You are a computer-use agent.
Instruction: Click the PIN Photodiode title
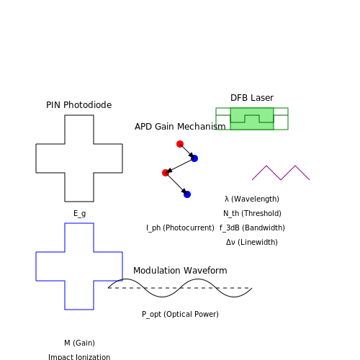coord(78,105)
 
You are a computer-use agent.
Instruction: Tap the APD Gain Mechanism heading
coord(180,127)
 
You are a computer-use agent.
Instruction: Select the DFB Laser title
coord(252,98)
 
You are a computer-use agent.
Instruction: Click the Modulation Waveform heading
coord(180,271)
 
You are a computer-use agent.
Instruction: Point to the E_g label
coord(79,213)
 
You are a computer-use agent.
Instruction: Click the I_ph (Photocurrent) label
coord(180,228)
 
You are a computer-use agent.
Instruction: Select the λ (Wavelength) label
coord(252,199)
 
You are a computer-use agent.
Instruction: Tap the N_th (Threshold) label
coord(252,213)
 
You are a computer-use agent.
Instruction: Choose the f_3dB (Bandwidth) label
coord(252,228)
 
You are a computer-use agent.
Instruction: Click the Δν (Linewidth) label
coord(252,242)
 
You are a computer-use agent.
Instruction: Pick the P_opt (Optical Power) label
coord(180,314)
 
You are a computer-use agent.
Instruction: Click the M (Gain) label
coord(79,343)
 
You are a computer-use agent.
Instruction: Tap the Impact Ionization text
coord(79,357)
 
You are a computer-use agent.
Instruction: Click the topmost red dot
coord(180,144)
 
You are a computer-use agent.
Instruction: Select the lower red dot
coord(166,173)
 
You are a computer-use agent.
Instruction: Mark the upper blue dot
coord(194,158)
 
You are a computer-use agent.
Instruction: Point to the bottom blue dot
coord(187,194)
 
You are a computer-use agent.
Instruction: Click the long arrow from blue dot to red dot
coord(180,166)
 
